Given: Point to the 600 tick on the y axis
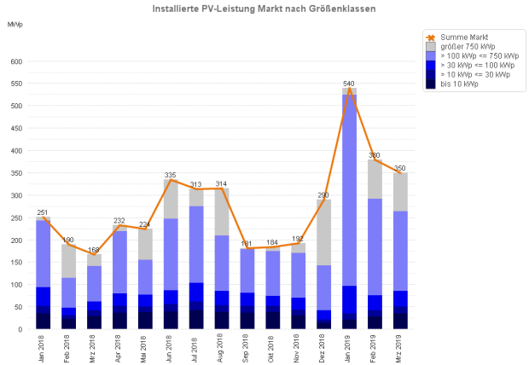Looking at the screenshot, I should pos(16,62).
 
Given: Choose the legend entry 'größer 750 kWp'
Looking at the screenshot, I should pos(465,46).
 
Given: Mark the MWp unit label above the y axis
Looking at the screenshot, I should pos(15,24).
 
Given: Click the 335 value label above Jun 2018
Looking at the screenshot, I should pos(171,175).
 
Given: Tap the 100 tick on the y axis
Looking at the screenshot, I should pos(16,284).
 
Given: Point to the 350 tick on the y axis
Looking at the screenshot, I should pos(16,173).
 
